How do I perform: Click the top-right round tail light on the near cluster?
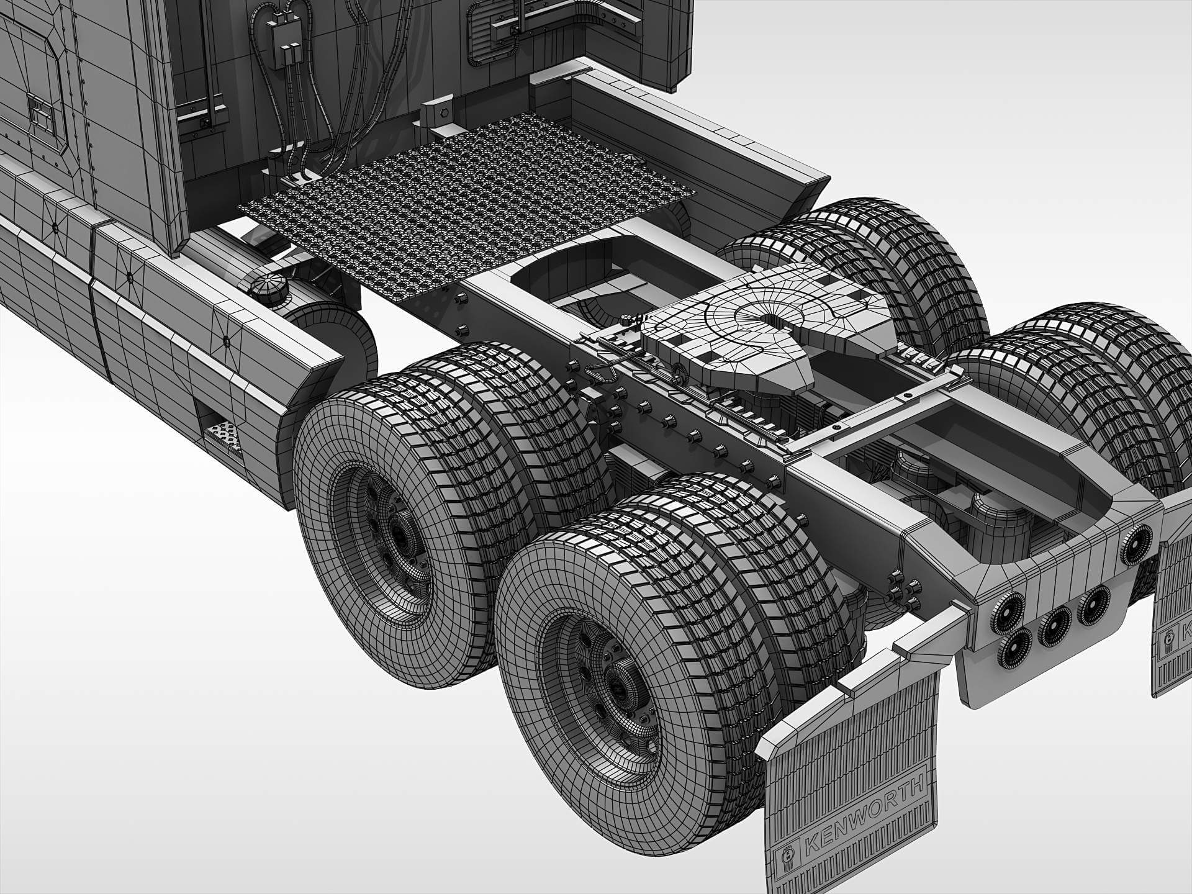1137,537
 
